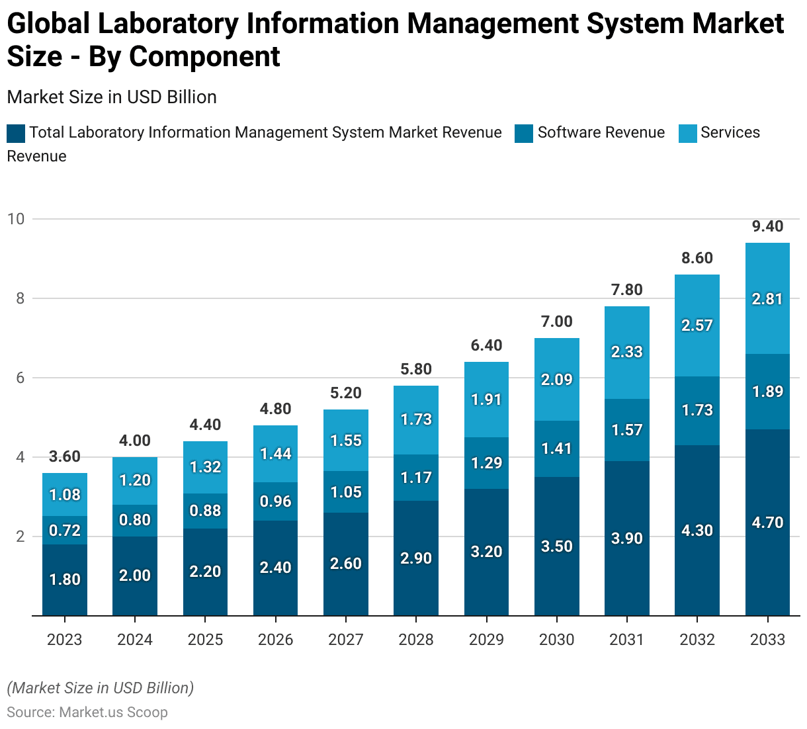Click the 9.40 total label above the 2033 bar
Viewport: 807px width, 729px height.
[x=767, y=226]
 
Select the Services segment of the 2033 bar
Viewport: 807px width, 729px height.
[x=767, y=299]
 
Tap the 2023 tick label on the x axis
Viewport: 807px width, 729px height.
[x=65, y=640]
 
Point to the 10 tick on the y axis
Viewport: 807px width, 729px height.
[x=15, y=219]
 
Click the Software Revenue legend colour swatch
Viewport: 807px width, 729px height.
[x=524, y=133]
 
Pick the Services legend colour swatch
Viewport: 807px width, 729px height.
[x=688, y=133]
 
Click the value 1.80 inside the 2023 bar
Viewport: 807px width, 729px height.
[x=65, y=579]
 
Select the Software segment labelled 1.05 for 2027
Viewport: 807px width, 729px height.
[x=346, y=492]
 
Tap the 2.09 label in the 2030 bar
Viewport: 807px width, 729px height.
[x=557, y=380]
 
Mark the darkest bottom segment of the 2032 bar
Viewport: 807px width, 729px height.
[x=697, y=531]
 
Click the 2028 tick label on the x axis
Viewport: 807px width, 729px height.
[x=416, y=640]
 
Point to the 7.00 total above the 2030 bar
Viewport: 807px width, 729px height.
[x=557, y=322]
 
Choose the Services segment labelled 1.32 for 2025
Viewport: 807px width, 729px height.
[x=205, y=467]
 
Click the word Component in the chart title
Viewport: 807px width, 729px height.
[x=204, y=57]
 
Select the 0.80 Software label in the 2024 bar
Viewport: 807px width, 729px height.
[x=135, y=520]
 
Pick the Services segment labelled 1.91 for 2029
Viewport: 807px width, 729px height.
[x=487, y=400]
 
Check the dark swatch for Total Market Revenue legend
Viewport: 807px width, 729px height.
[x=16, y=133]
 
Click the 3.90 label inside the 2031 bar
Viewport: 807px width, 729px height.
[x=627, y=538]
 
